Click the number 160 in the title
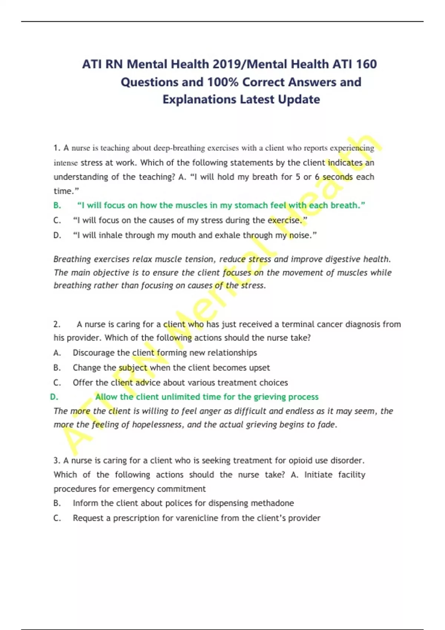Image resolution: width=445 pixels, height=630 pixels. pos(366,64)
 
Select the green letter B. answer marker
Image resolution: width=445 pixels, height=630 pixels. pos(57,205)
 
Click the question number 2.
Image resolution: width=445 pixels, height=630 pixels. pos(57,324)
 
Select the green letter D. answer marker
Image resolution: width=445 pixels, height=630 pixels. pos(54,397)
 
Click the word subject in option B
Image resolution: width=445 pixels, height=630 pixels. pos(133,368)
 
